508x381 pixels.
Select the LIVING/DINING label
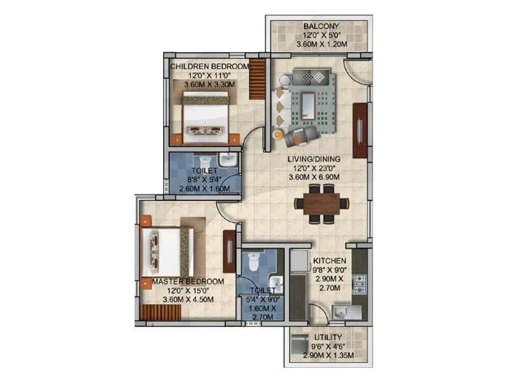(x=313, y=159)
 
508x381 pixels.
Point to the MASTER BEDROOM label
(x=187, y=281)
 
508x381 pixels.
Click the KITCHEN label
(x=329, y=260)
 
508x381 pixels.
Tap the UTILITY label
(x=328, y=337)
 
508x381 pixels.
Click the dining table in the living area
(x=321, y=203)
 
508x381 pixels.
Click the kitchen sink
(x=346, y=312)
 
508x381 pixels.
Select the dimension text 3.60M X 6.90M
(x=313, y=177)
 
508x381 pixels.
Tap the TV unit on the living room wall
(x=359, y=131)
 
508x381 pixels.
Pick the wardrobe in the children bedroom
(x=257, y=79)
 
